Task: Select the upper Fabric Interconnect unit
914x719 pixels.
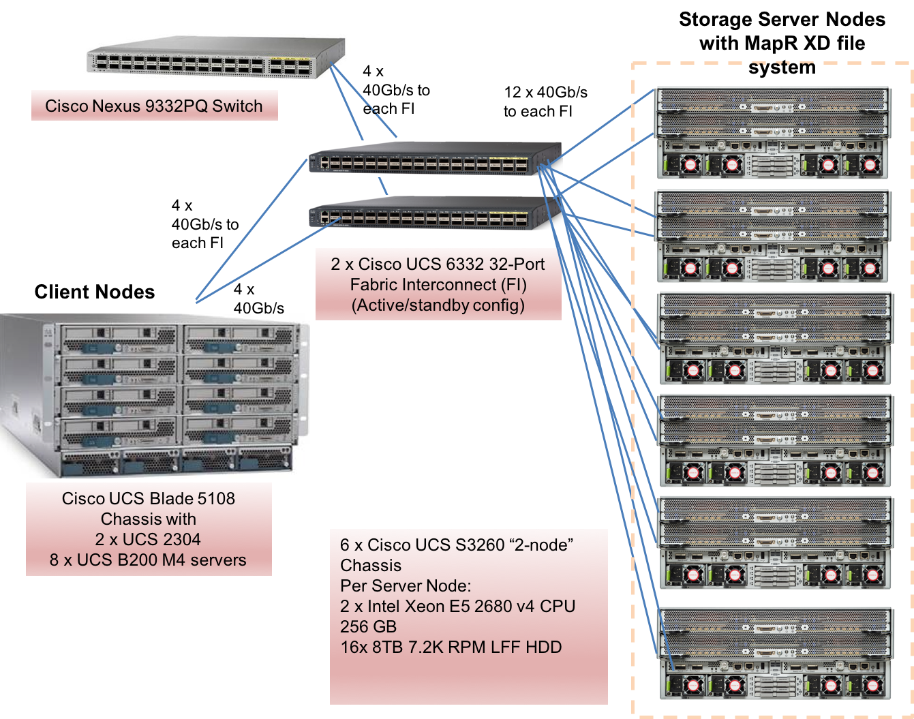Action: tap(434, 159)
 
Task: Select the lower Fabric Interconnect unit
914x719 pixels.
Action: tap(434, 213)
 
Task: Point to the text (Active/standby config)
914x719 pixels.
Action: tap(438, 305)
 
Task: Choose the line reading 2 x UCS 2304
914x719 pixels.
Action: tap(148, 540)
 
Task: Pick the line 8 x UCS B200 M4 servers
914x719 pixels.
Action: tap(148, 560)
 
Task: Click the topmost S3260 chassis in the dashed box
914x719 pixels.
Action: tap(774, 133)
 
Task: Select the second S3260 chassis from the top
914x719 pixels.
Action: tap(774, 236)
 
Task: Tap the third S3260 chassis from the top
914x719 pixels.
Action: tap(776, 338)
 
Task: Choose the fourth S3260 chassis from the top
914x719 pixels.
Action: tap(776, 440)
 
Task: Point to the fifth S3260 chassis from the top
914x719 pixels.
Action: tap(776, 542)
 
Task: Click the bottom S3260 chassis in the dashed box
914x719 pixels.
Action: tap(776, 653)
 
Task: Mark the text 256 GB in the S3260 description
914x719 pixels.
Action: tap(368, 627)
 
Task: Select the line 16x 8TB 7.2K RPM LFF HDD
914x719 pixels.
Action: tap(451, 647)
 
